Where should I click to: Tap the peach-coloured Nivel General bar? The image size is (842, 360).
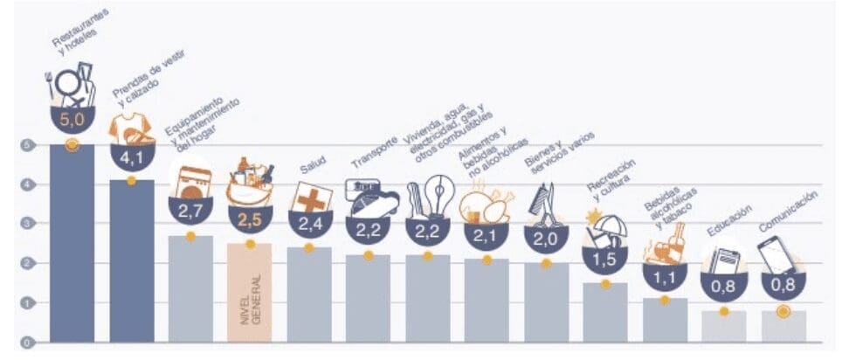pos(250,293)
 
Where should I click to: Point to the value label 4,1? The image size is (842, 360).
pos(131,158)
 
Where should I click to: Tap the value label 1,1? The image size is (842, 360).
pos(664,277)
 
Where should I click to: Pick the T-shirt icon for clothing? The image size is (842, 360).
pos(128,128)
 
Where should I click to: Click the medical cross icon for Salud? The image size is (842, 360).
pos(310,197)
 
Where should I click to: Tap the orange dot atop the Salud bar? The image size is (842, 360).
pos(309,248)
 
